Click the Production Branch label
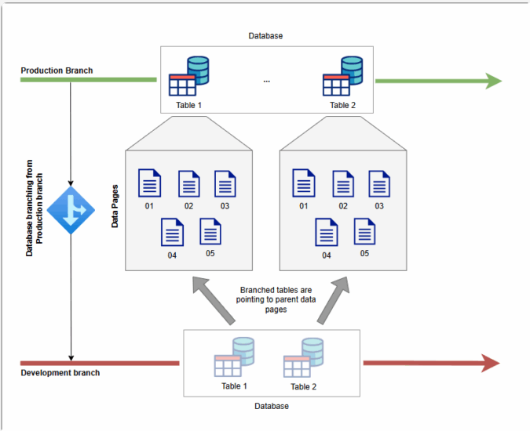[x=57, y=71]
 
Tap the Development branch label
[x=60, y=373]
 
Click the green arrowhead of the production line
[x=493, y=80]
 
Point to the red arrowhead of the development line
[x=490, y=363]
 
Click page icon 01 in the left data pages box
[x=149, y=183]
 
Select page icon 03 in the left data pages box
[x=225, y=183]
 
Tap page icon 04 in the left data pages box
[x=172, y=233]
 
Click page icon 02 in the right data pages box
[x=343, y=183]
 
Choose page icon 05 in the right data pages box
[x=364, y=232]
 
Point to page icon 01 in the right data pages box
[x=304, y=183]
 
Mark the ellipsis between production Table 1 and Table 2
[x=266, y=81]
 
